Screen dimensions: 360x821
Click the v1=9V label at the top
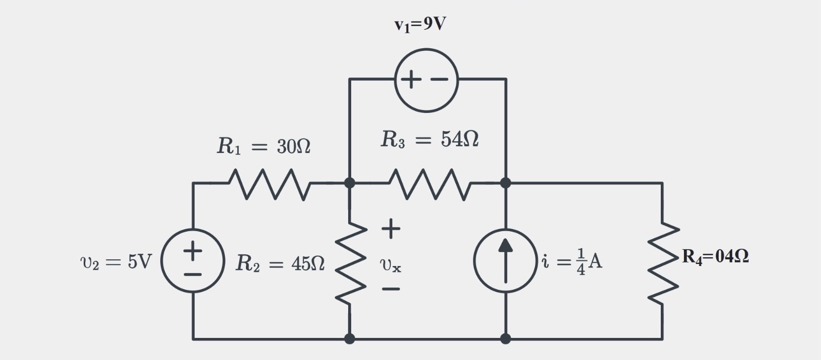420,24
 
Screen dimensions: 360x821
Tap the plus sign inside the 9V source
411,80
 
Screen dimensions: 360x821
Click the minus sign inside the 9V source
439,80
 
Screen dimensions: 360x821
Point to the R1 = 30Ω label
263,146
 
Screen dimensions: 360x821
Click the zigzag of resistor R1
269,183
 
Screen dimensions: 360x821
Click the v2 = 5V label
116,262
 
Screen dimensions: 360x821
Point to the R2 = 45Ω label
280,263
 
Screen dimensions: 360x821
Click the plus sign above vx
391,228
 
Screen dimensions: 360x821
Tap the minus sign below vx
391,289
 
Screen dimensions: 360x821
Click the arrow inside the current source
506,260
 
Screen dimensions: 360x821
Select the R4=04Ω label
715,256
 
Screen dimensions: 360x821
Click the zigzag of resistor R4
663,262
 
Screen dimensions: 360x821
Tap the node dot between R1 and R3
350,183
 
